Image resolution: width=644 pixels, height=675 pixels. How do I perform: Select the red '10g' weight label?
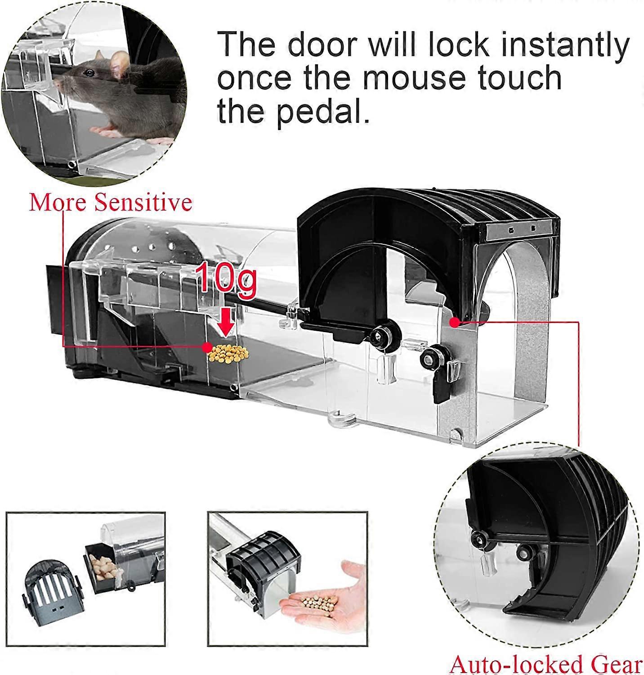pos(226,281)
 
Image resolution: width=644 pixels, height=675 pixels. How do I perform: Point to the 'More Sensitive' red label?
pos(111,203)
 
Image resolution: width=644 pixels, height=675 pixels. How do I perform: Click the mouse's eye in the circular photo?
pos(90,72)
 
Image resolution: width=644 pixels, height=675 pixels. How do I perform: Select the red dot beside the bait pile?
pos(207,347)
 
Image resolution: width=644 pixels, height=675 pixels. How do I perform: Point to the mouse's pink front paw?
pos(103,131)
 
